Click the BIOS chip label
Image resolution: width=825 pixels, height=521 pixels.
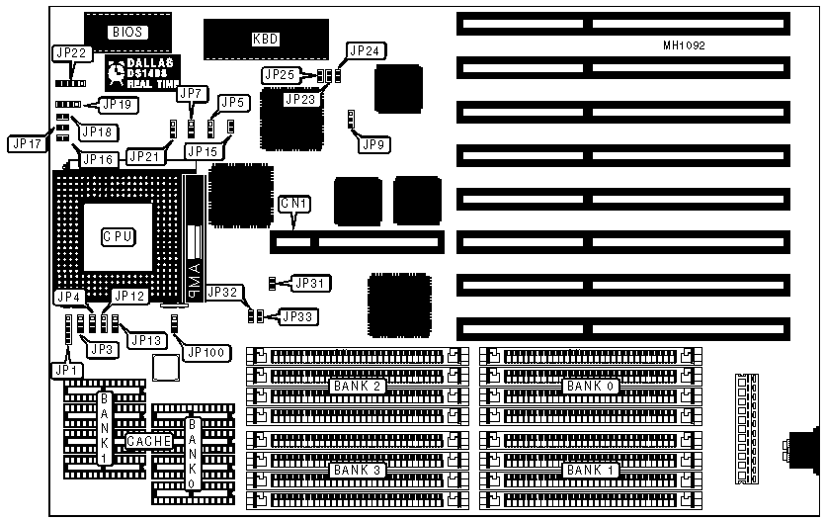point(127,32)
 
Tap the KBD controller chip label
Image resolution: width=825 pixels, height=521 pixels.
point(266,39)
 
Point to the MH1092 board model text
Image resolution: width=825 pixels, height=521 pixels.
point(684,46)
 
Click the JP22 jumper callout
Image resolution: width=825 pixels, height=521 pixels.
point(70,52)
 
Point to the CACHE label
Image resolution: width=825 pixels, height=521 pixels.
point(148,440)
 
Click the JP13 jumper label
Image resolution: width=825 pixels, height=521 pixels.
point(147,340)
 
